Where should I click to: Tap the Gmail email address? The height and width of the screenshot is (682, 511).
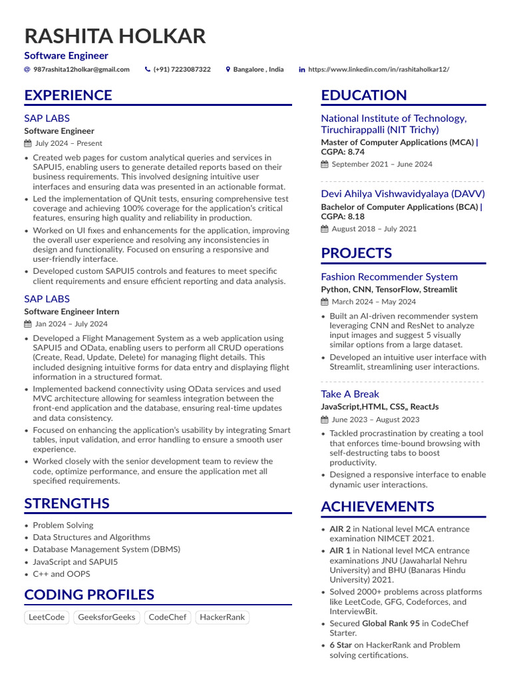81,69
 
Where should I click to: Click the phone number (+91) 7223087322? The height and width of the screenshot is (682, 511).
182,69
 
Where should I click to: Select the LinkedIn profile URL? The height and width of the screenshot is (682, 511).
379,69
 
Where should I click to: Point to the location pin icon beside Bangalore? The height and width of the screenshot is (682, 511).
228,69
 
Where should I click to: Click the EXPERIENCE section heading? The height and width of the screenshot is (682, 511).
68,95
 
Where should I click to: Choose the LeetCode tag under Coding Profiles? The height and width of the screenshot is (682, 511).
47,617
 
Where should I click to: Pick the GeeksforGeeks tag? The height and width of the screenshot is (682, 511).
106,617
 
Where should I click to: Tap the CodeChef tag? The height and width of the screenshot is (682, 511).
168,617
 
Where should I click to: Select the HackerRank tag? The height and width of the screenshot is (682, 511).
222,617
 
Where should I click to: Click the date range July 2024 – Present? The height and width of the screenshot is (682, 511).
69,143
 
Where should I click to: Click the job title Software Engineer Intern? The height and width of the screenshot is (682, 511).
71,312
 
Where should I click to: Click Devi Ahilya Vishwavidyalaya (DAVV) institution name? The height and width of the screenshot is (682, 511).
403,194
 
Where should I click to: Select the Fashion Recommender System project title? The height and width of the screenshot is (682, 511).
389,276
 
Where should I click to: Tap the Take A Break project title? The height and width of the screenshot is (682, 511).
350,394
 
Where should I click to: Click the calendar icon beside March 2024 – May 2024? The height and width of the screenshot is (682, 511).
325,302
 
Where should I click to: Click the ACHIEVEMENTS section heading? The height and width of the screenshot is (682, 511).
377,507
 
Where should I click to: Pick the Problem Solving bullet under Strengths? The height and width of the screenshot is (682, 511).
63,525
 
